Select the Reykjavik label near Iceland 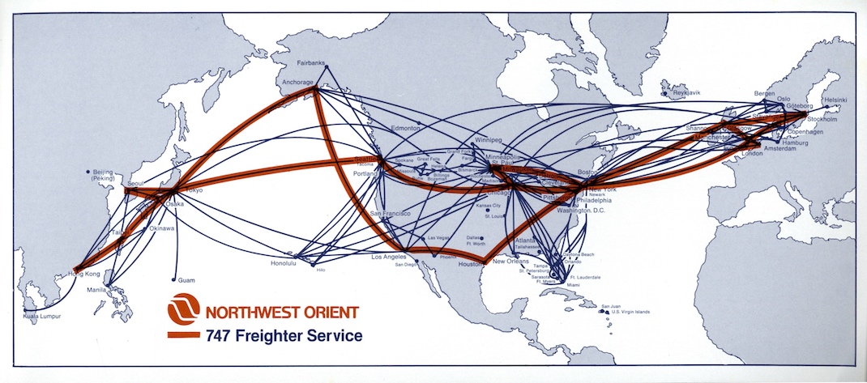[685, 93]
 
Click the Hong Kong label [82, 274]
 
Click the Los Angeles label [388, 257]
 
